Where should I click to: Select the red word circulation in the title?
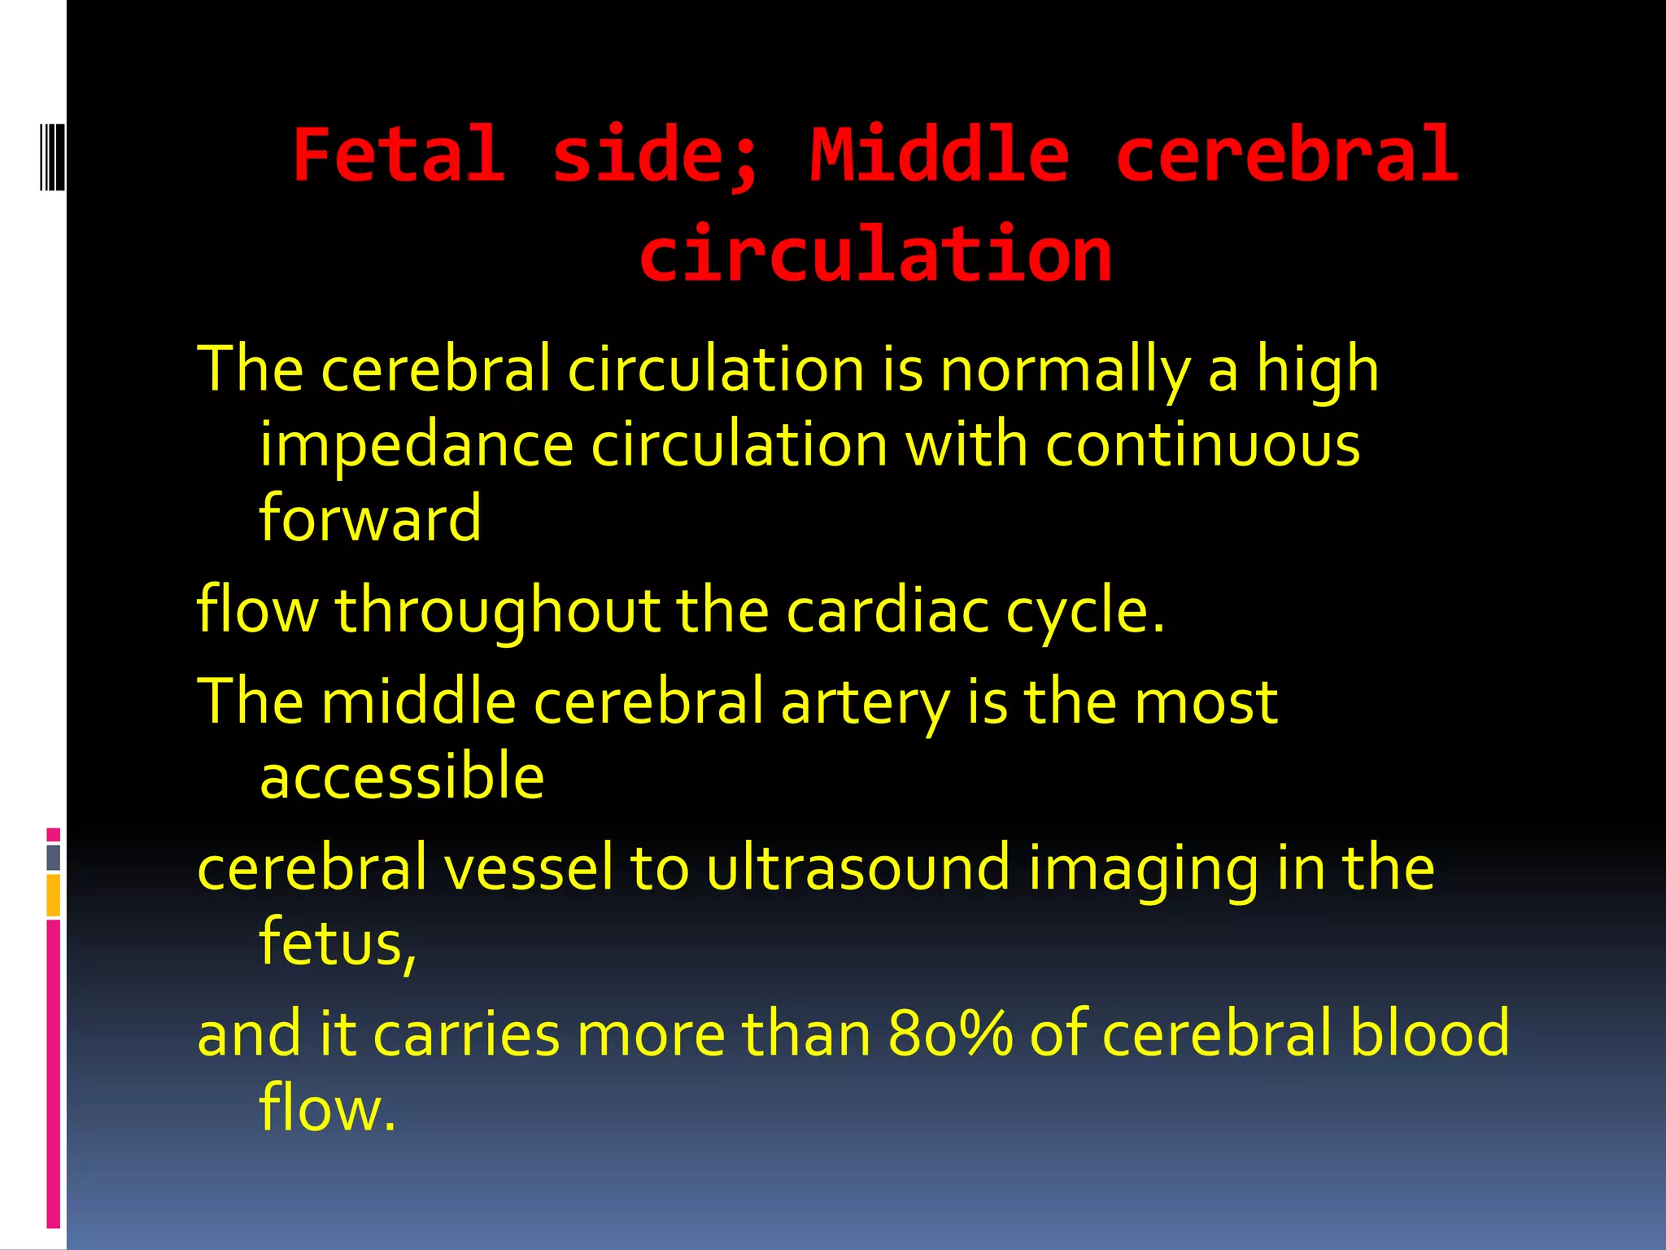pyautogui.click(x=875, y=255)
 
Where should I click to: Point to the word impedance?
pyautogui.click(x=416, y=446)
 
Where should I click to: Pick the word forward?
pyautogui.click(x=370, y=518)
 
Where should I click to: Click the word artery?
pyautogui.click(x=865, y=701)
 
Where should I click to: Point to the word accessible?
pyautogui.click(x=402, y=776)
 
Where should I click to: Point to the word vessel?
pyautogui.click(x=528, y=868)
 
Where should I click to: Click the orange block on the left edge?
pyautogui.click(x=54, y=895)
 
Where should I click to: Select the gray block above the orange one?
pyautogui.click(x=54, y=857)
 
